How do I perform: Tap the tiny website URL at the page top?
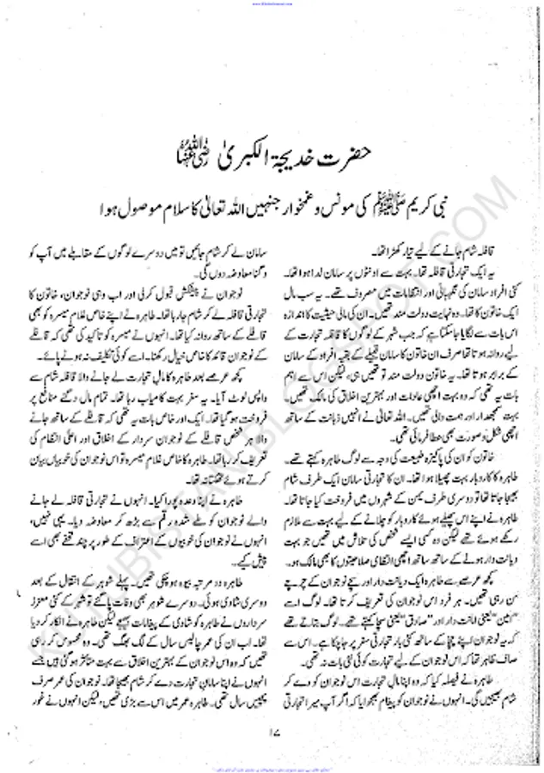click(272, 3)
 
